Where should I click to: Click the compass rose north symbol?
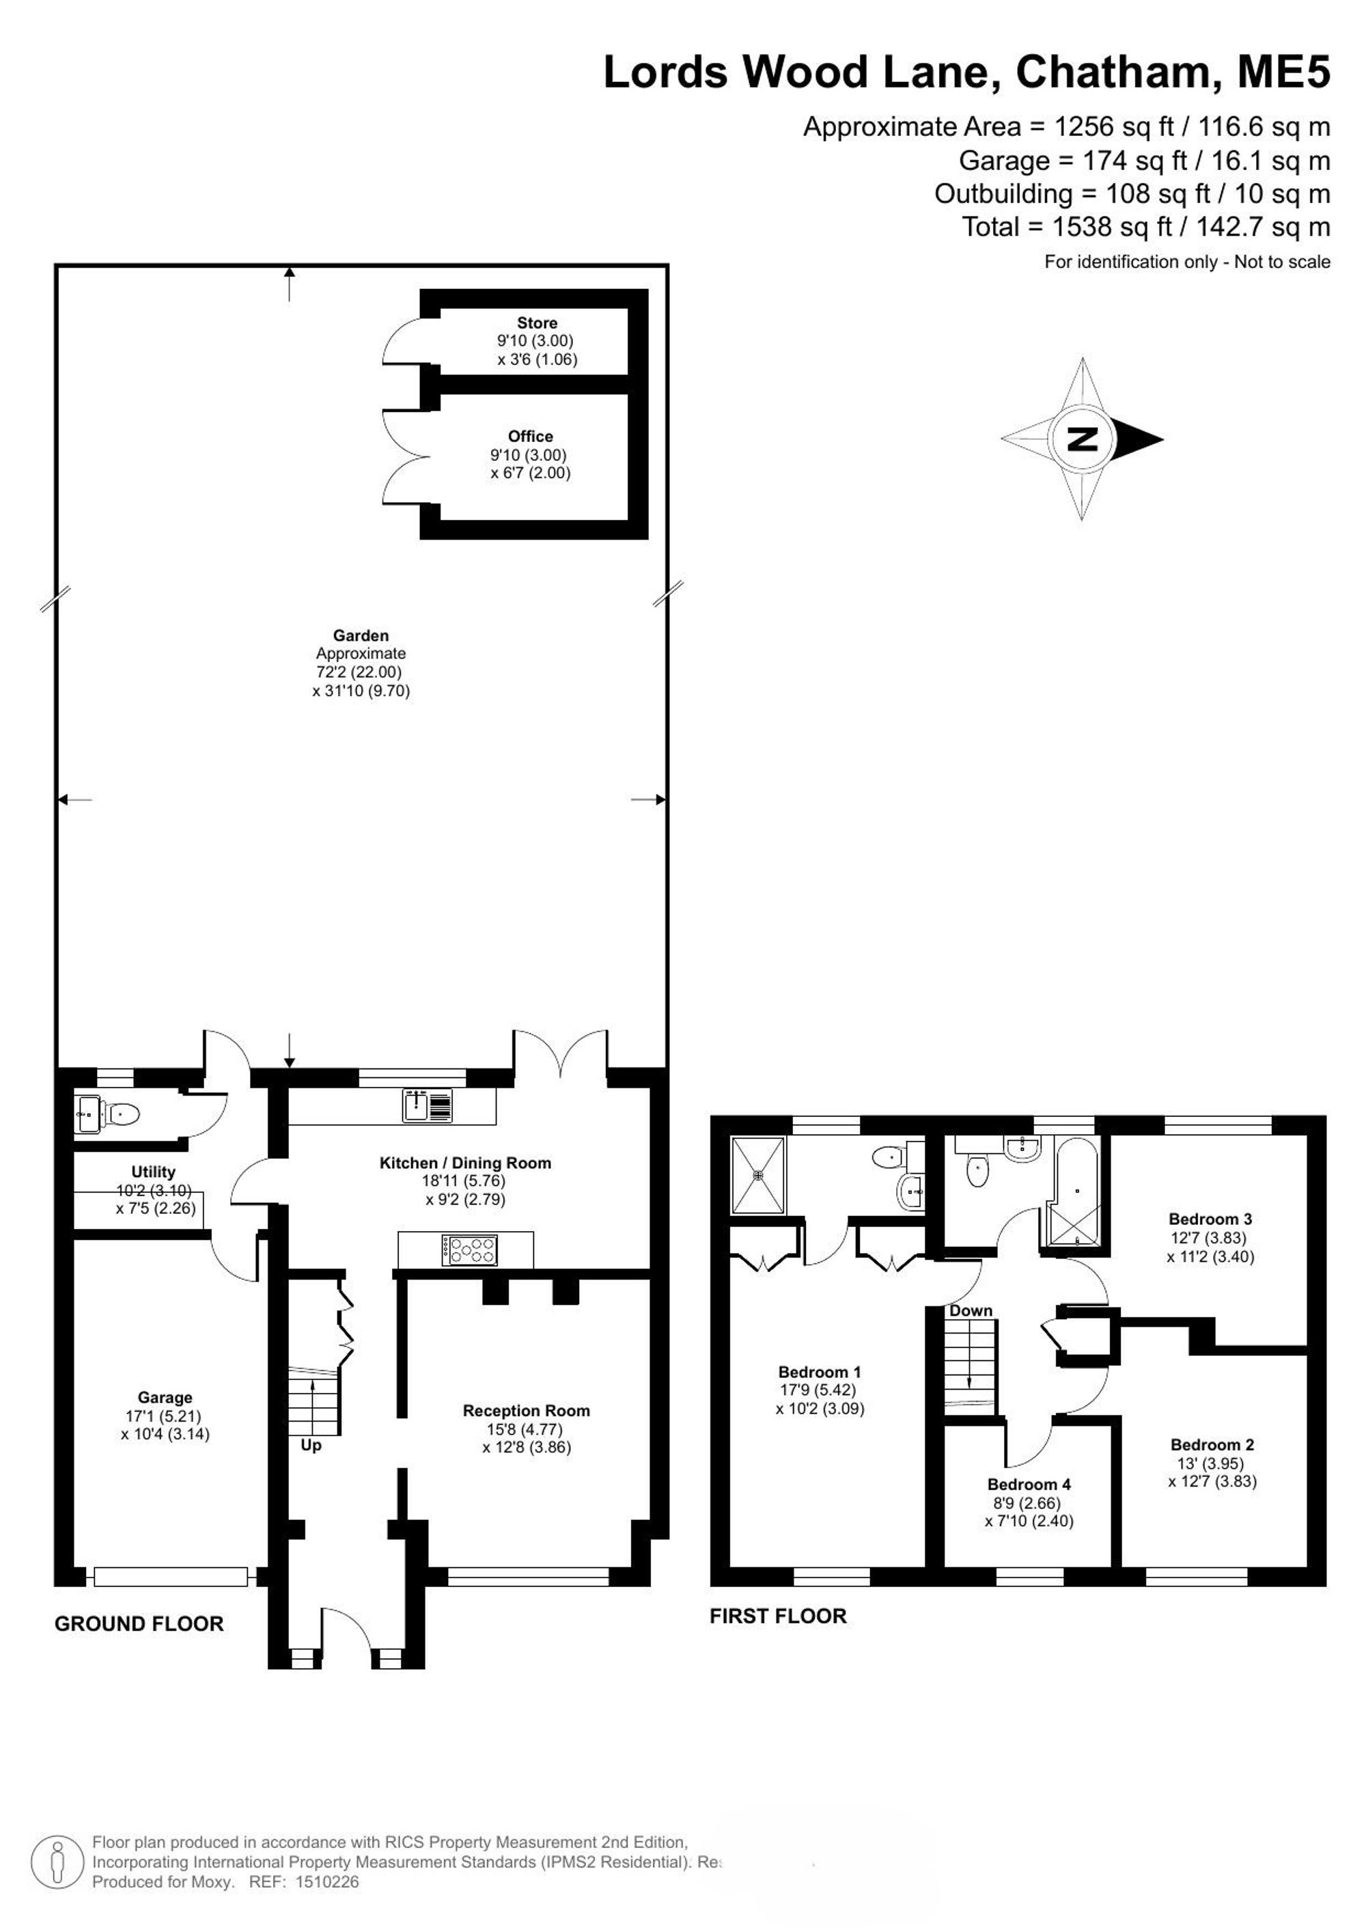click(x=1082, y=439)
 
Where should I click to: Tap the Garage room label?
click(x=165, y=1398)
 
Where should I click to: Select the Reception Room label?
click(x=527, y=1410)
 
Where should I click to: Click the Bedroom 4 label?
click(x=1029, y=1485)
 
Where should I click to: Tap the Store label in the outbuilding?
click(x=538, y=323)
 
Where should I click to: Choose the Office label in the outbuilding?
click(x=531, y=436)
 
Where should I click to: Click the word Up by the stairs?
click(x=311, y=1446)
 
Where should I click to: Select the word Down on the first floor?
click(x=971, y=1311)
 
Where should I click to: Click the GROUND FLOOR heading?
click(x=139, y=1624)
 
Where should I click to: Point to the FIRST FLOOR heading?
click(x=778, y=1616)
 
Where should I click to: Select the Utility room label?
click(x=153, y=1172)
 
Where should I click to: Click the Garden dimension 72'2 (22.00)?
click(x=359, y=672)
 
